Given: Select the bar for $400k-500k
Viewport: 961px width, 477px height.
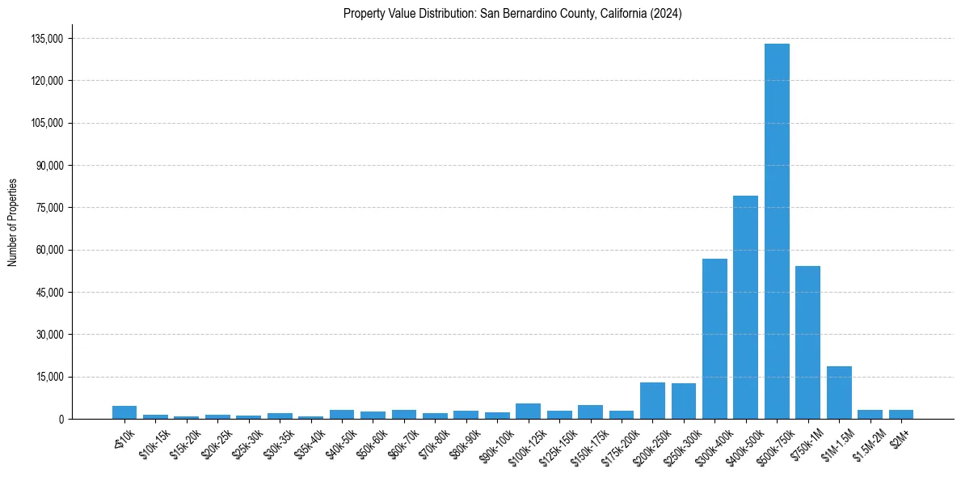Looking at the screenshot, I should pos(745,307).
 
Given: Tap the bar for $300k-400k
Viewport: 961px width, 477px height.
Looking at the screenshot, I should pos(714,339).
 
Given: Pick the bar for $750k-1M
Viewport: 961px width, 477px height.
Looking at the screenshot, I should pos(807,343).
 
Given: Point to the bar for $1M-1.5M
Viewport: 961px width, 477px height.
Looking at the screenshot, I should pos(839,393).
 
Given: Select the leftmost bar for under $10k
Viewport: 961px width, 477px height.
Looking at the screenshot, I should pos(124,412).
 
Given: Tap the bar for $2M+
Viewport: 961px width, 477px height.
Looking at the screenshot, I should pos(901,414).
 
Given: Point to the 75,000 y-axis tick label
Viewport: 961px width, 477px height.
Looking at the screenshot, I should pos(49,208).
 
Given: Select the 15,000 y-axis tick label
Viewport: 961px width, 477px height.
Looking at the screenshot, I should pos(49,377).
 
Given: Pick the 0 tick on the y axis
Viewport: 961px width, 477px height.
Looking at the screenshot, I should pos(61,419).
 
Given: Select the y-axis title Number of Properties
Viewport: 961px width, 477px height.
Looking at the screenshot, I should pos(12,222).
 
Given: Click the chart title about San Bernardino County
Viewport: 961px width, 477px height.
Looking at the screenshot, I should pos(512,14).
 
